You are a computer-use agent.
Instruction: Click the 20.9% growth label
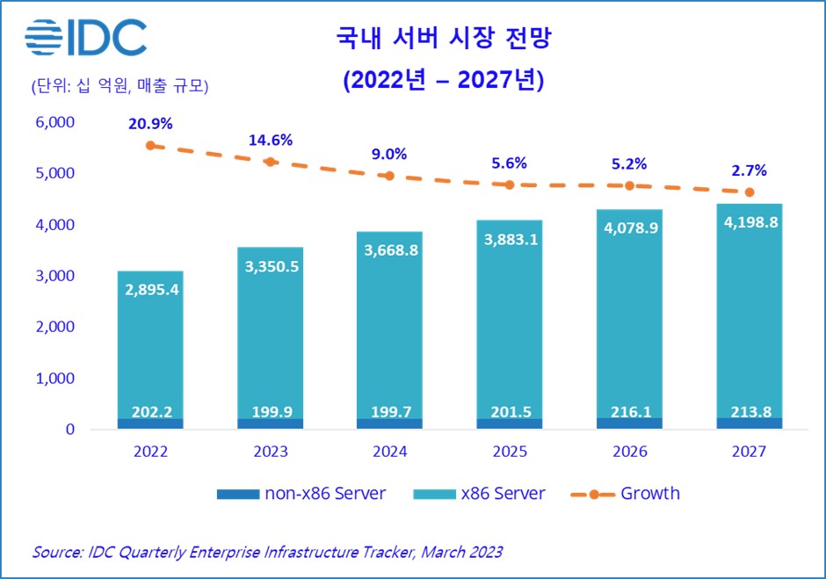150,124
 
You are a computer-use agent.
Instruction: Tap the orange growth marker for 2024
390,176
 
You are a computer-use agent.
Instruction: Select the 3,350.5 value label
270,266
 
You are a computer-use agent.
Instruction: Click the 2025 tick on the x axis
510,452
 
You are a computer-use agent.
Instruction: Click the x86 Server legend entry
480,494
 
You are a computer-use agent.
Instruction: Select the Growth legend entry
623,494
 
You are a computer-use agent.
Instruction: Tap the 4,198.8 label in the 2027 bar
750,222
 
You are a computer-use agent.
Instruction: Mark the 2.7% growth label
750,171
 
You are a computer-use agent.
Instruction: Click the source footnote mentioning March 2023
267,552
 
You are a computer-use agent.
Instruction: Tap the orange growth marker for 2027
750,192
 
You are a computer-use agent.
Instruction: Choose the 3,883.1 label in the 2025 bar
510,240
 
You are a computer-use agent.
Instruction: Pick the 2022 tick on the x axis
150,452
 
